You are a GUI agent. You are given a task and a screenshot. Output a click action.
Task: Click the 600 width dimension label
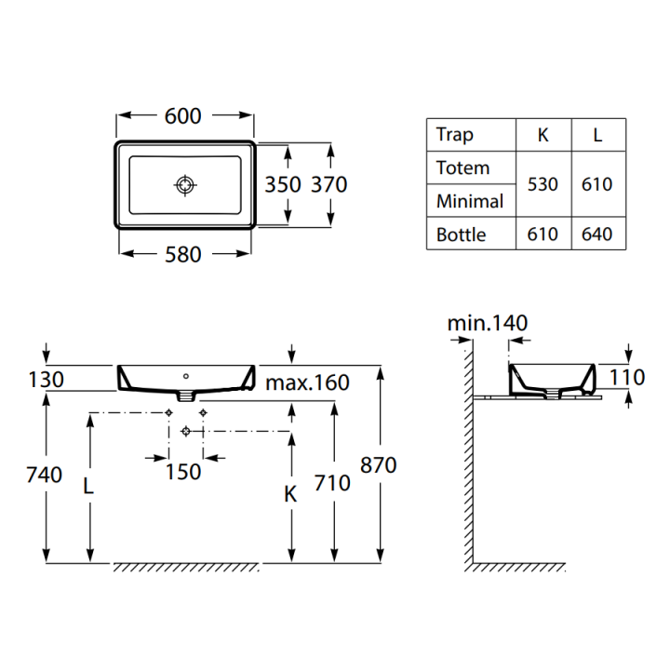(183, 116)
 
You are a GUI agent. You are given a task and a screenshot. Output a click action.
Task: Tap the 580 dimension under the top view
(182, 254)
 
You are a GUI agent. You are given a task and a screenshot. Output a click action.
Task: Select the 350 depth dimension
(282, 184)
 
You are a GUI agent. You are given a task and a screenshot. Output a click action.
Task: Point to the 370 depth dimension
(328, 184)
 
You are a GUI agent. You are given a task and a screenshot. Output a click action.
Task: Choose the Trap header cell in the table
(455, 135)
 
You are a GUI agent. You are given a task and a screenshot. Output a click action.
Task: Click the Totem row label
(462, 168)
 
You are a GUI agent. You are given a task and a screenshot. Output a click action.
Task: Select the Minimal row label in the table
(470, 201)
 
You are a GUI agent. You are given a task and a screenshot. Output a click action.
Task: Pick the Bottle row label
(462, 234)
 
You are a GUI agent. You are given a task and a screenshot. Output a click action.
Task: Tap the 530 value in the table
(543, 184)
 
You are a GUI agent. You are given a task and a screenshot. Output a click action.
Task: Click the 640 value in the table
(596, 234)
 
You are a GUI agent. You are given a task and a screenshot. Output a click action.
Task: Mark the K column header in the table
(543, 135)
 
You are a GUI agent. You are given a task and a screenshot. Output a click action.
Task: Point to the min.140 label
(488, 324)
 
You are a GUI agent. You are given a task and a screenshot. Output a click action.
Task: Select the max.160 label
(307, 382)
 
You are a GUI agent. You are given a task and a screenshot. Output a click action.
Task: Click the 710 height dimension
(332, 483)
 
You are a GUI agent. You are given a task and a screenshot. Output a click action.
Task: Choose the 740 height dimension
(45, 475)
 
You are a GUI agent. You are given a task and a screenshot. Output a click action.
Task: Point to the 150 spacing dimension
(183, 472)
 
